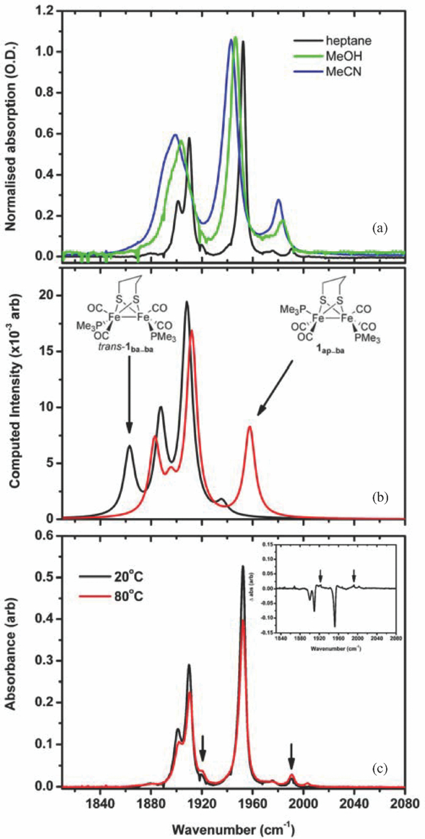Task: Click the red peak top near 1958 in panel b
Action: click(x=250, y=427)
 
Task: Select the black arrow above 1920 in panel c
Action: click(x=203, y=747)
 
